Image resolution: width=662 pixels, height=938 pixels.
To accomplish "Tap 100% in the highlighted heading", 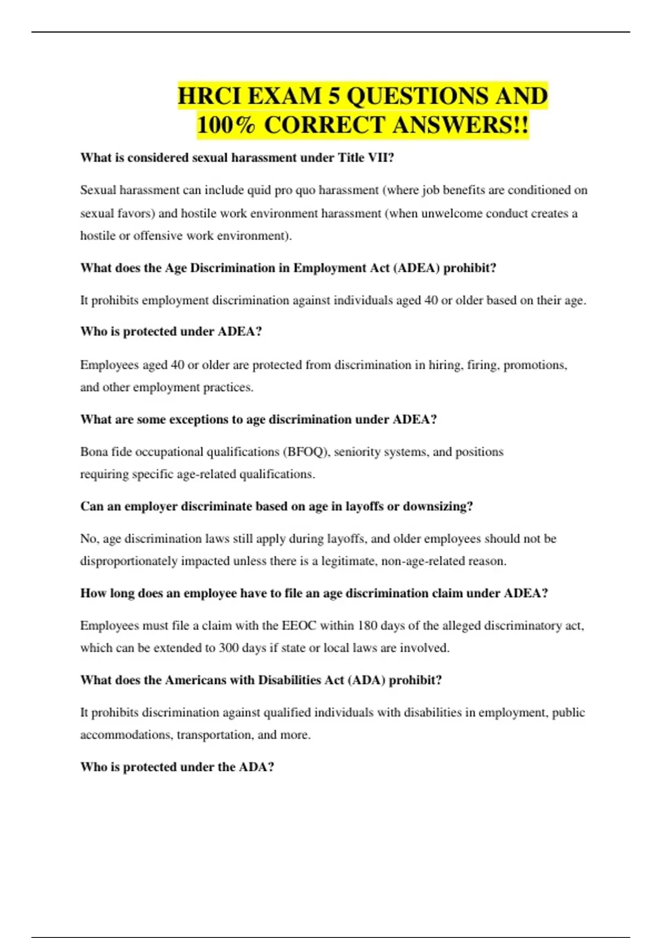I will pyautogui.click(x=226, y=125).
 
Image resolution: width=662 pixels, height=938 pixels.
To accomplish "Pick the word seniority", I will pyautogui.click(x=357, y=452).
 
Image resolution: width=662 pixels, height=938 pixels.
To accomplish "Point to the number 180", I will pyautogui.click(x=367, y=626).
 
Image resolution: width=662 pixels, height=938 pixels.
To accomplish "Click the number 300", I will pyautogui.click(x=228, y=648).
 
